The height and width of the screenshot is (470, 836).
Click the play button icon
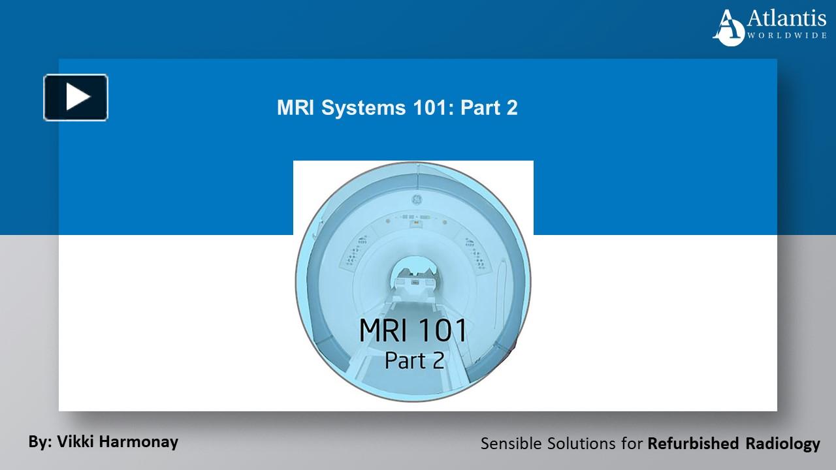[x=76, y=98]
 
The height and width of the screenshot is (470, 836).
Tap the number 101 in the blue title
[x=434, y=108]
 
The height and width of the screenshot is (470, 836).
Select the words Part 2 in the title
[x=489, y=108]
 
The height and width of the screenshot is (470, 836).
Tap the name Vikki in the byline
[x=77, y=441]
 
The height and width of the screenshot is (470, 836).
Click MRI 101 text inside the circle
[x=413, y=331]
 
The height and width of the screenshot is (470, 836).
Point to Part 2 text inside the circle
[x=415, y=360]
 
